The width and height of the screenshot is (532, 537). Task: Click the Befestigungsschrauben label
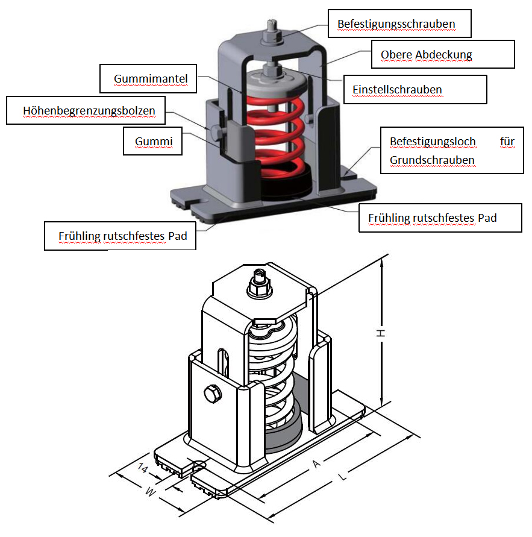click(396, 24)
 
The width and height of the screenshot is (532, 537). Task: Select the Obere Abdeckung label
click(426, 55)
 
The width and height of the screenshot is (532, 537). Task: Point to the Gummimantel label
click(151, 78)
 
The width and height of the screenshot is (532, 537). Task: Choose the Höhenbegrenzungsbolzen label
click(89, 111)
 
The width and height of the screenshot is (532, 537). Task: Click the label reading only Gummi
click(154, 142)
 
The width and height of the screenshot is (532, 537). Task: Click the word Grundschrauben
click(432, 160)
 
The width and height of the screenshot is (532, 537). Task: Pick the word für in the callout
click(507, 142)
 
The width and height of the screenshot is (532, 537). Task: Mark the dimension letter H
click(381, 333)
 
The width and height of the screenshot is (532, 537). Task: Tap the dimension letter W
click(151, 492)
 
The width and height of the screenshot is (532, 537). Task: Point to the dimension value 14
click(143, 468)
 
